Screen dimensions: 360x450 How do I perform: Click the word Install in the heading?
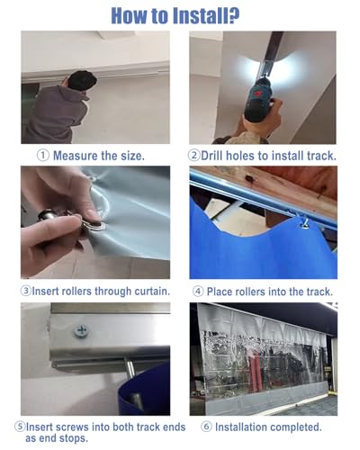pos(206,15)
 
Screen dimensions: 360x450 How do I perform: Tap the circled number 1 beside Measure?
pos(43,156)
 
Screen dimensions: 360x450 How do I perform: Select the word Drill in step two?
pos(211,156)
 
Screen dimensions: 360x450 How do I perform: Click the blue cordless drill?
pos(257,101)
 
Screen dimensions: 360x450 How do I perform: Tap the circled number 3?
pos(26,291)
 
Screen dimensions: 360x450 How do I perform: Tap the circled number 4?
pos(198,292)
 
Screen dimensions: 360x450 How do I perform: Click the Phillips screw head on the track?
pos(81,331)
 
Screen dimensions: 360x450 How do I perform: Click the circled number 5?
pos(20,427)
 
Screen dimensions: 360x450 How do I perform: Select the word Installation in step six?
pos(242,427)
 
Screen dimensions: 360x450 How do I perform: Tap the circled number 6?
pos(206,427)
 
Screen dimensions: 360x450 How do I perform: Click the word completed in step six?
pos(296,427)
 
